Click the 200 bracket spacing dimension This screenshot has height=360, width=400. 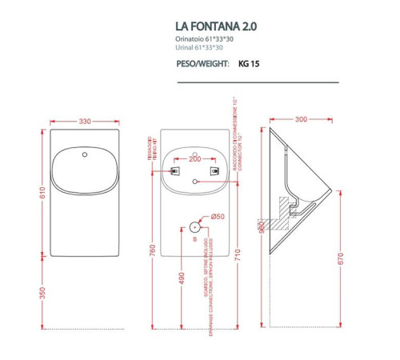click(195, 158)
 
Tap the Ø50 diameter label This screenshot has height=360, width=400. click(216, 217)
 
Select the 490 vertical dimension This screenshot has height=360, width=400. click(182, 278)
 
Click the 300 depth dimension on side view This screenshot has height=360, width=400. click(301, 120)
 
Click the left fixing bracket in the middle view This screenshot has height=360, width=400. click(176, 170)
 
